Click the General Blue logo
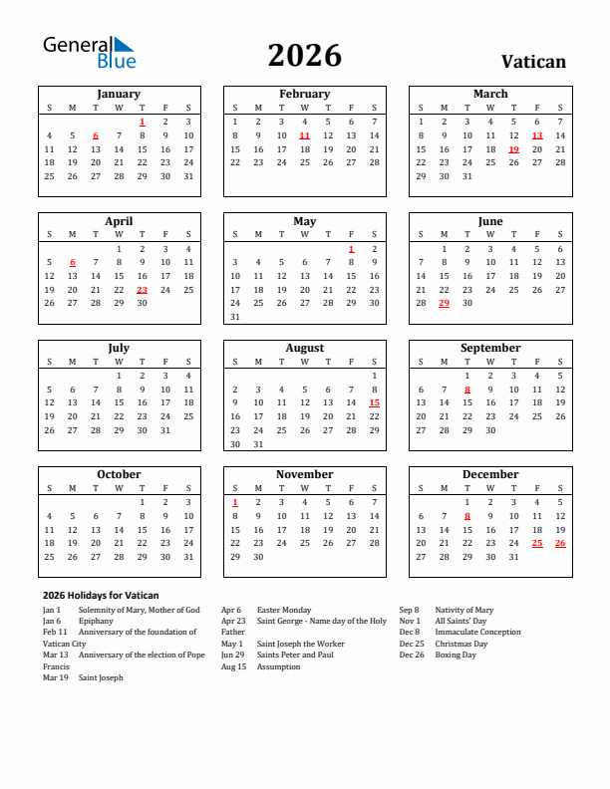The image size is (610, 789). point(88,52)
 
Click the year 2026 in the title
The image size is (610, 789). point(304,56)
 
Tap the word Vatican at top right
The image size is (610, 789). point(533,62)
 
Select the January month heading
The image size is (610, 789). point(119,94)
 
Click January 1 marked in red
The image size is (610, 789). point(142,122)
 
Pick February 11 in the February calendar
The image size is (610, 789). point(304,135)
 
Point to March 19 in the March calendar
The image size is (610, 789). point(513,149)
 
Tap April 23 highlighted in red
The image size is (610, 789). point(142,290)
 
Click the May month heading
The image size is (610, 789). point(304,221)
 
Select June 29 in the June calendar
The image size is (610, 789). point(444,303)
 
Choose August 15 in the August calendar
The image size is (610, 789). point(374,402)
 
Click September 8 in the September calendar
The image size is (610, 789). point(466,390)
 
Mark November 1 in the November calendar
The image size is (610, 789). point(234,502)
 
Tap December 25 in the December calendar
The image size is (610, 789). point(536,543)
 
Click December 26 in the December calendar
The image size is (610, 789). point(559,543)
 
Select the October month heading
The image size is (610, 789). point(119,474)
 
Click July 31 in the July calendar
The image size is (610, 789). point(164,430)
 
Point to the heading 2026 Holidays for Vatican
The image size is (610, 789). point(101,595)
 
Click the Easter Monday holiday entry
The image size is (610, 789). point(284,610)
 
